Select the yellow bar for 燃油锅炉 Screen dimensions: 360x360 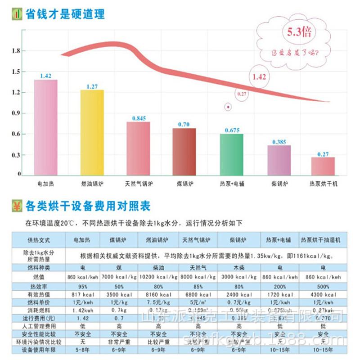click(92, 133)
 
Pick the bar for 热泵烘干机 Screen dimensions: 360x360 click(323, 166)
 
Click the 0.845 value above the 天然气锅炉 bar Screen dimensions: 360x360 click(139, 118)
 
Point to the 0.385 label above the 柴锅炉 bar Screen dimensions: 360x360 click(279, 142)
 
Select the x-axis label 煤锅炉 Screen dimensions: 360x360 click(185, 184)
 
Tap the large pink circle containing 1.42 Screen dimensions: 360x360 click(259, 76)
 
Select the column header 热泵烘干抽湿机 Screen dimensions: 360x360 click(321, 239)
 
